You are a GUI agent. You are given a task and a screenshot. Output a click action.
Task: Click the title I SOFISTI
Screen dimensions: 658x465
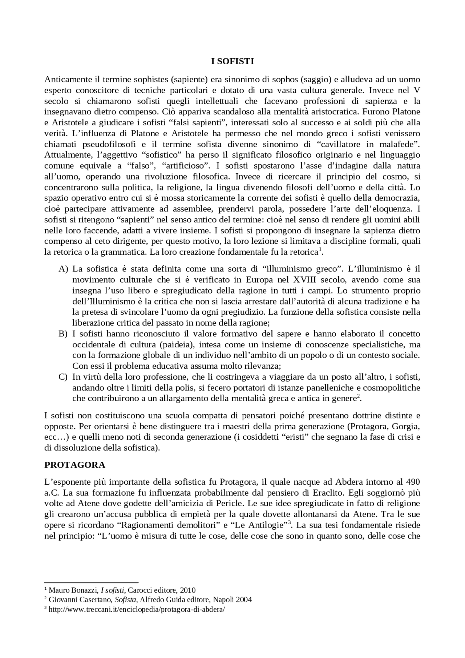232,61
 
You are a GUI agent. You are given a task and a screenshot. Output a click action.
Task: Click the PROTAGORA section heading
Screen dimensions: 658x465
74,465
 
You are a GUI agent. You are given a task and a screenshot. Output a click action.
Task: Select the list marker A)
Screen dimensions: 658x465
63,269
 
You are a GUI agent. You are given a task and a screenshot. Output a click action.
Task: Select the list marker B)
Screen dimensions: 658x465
63,334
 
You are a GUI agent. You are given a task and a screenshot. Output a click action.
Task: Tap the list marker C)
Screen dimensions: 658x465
63,377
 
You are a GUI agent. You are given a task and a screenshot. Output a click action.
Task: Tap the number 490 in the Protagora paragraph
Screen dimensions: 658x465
413,482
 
